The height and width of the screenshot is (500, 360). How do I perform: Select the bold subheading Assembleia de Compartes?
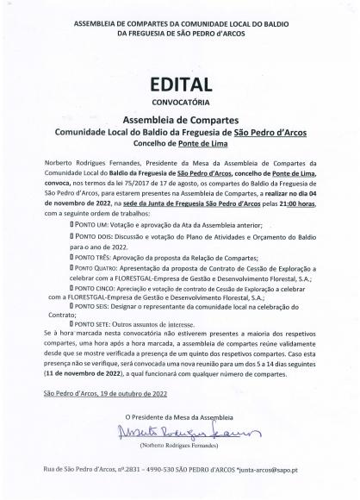[x=179, y=122]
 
